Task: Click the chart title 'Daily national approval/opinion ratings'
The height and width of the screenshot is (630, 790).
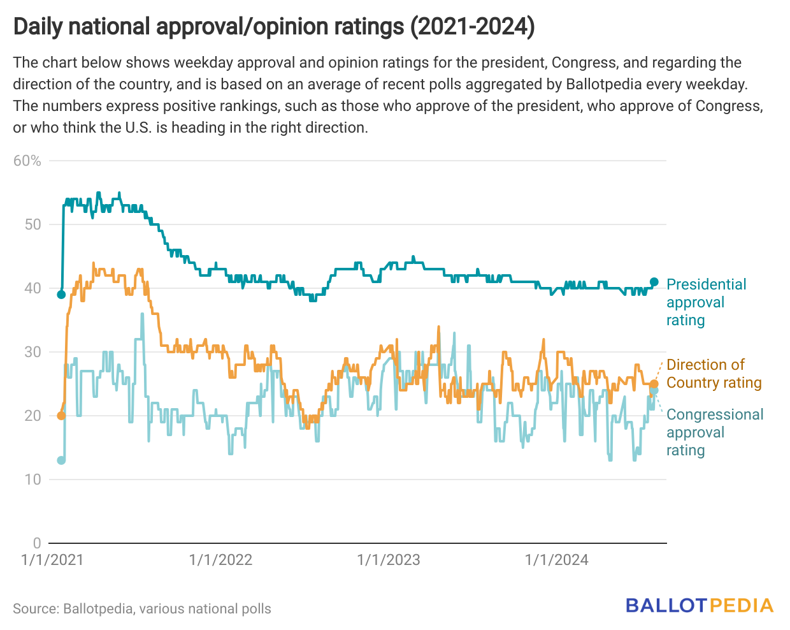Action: [274, 27]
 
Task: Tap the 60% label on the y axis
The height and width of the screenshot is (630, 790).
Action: [27, 161]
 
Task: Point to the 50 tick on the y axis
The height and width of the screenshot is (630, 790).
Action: [33, 224]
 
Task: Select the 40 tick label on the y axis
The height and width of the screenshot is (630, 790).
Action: [33, 288]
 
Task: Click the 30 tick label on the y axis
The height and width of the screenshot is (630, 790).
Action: [33, 352]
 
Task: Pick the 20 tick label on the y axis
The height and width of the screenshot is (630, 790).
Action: [33, 416]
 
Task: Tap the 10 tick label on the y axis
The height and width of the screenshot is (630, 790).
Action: [33, 480]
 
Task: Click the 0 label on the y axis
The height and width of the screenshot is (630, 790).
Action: [37, 543]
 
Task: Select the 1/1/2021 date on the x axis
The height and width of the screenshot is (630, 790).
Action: [52, 560]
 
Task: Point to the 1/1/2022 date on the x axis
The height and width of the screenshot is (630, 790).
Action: [220, 560]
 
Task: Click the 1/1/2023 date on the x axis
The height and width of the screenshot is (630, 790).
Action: [389, 560]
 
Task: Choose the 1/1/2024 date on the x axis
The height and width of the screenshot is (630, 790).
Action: [556, 560]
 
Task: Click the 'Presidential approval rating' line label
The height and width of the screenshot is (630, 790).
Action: [706, 302]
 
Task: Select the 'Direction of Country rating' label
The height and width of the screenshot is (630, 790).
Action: [714, 374]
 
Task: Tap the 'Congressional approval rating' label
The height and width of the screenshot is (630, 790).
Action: [714, 432]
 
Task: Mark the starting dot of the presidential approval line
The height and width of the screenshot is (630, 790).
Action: [61, 295]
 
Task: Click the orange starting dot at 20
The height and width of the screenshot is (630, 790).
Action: [61, 416]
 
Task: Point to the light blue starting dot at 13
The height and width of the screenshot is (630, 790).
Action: [61, 460]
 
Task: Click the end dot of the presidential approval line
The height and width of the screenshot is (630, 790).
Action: [654, 282]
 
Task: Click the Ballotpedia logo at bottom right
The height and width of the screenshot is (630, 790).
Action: [699, 606]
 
